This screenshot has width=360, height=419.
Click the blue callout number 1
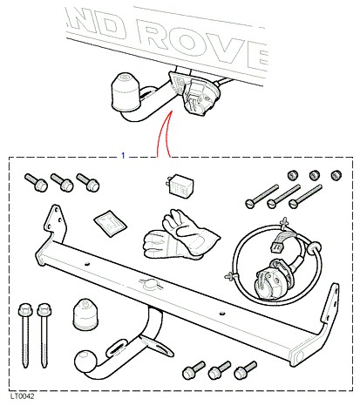coord(123,156)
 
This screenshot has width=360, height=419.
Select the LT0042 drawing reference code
coord(23,396)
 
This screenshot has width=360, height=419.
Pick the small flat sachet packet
coord(110,223)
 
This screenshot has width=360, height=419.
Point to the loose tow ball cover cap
coord(85,314)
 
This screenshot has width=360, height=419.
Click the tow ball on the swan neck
coord(85,362)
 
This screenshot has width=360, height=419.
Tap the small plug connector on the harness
coord(276,247)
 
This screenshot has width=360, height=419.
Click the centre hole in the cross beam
coord(150,285)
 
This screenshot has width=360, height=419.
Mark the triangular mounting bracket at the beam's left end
coord(54,223)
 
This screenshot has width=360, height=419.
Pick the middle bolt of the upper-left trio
coord(62,182)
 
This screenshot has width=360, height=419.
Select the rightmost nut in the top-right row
coord(336,175)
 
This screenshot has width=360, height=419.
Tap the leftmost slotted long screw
coord(262,196)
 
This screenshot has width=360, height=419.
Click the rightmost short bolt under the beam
coord(246,370)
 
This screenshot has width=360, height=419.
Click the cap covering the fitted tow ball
coord(126,91)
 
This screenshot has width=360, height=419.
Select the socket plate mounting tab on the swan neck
coord(160,348)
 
